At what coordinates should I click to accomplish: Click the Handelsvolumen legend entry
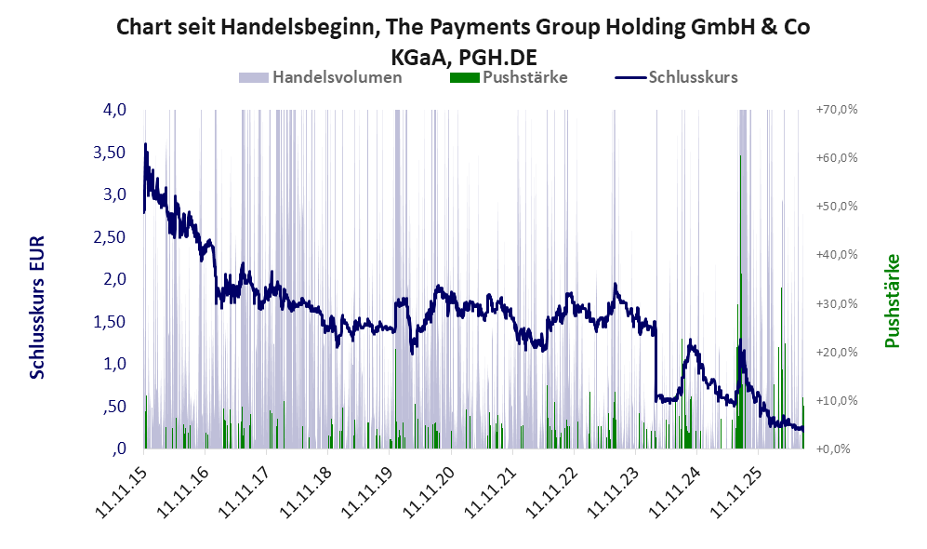(x=320, y=77)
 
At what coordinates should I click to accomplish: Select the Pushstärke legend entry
(x=509, y=77)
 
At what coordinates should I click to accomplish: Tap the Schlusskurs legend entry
(x=676, y=77)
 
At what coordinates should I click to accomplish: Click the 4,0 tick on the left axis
(x=114, y=110)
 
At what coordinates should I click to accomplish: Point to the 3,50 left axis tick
(x=110, y=152)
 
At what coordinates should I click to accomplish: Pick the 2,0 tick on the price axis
(x=114, y=278)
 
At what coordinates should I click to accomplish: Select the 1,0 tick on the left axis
(x=114, y=363)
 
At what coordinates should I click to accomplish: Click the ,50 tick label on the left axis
(x=114, y=406)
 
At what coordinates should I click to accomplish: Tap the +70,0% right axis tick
(x=837, y=110)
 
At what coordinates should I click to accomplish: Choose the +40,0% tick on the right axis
(x=837, y=254)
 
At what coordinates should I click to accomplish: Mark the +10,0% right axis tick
(x=837, y=400)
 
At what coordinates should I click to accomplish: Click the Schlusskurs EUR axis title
(x=37, y=307)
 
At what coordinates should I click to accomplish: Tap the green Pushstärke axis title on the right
(x=892, y=301)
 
